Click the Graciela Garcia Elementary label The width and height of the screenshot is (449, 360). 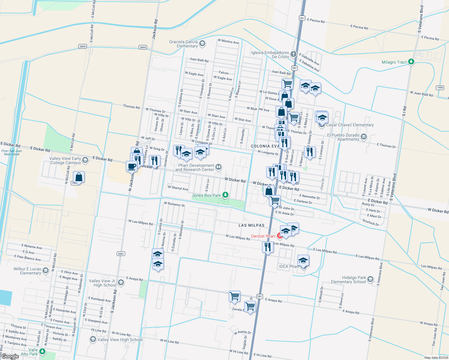pos(183,44)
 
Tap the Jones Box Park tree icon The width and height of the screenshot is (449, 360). pos(225,195)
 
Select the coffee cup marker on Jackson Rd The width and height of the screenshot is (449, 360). pos(131,166)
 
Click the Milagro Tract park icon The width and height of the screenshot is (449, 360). pos(411,62)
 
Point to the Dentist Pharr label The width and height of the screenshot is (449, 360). pos(263,236)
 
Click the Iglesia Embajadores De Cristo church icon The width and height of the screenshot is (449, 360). pos(294,54)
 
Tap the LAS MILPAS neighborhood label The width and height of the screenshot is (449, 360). pos(252,225)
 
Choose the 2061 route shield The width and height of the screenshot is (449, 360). pos(121,253)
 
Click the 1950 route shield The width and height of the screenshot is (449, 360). pos(440,88)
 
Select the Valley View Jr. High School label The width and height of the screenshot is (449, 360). pos(102,283)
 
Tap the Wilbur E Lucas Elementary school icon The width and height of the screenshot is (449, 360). pos(46,271)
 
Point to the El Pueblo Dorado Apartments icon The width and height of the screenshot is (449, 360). pos(364,137)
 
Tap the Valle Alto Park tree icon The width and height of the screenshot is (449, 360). pos(42,351)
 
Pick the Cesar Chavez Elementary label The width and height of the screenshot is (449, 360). pos(350,125)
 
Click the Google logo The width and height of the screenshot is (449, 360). pos(10,356)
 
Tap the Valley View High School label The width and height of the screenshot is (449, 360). pos(120,340)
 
